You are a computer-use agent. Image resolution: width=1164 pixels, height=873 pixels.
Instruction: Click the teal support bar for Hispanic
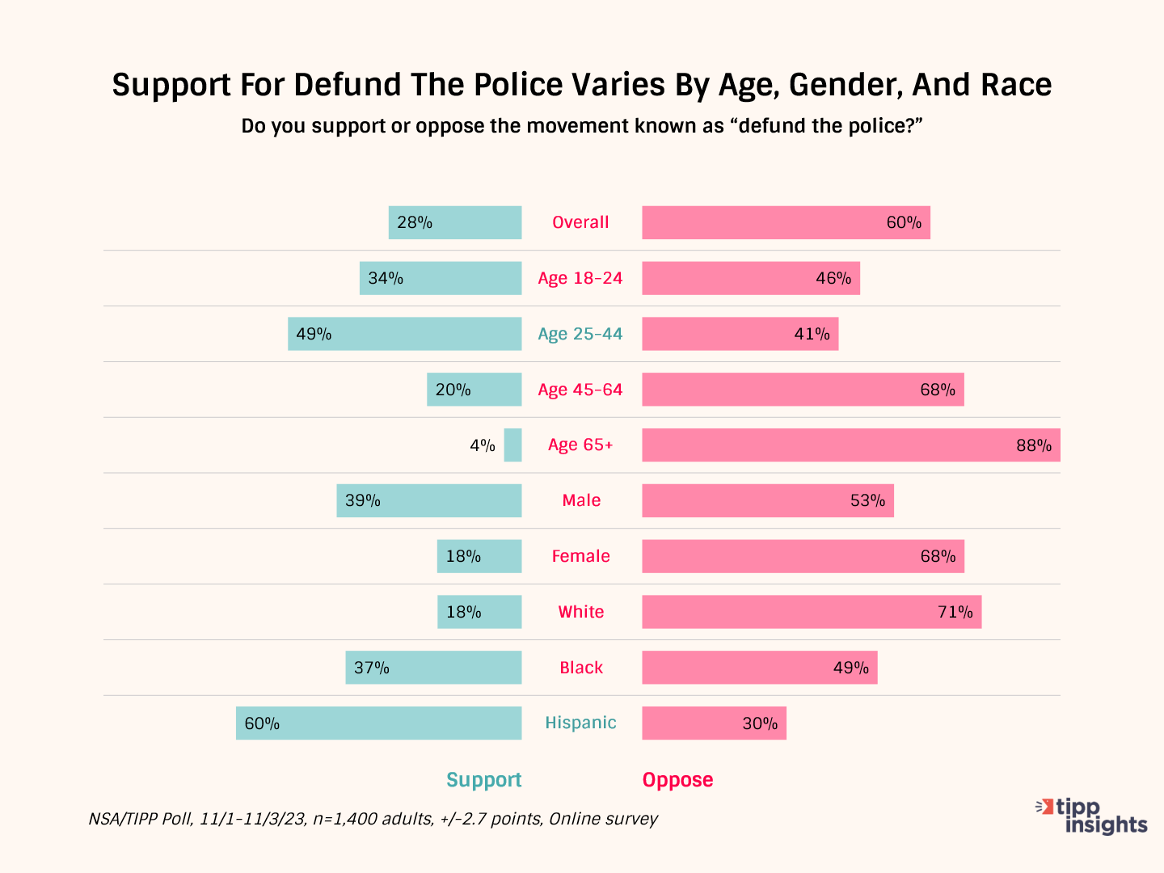[378, 723]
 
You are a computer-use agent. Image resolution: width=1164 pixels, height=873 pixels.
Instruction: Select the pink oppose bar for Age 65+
[850, 445]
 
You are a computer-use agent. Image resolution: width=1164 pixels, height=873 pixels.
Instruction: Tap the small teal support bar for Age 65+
[512, 445]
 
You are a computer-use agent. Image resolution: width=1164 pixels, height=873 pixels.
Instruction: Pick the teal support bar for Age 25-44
[404, 334]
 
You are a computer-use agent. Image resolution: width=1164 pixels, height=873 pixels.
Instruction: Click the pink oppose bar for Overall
[786, 222]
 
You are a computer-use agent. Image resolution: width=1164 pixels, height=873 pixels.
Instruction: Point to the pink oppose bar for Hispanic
[714, 723]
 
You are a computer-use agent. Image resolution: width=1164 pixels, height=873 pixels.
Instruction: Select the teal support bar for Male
[428, 500]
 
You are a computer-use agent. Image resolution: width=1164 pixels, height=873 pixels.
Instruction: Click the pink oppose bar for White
[812, 612]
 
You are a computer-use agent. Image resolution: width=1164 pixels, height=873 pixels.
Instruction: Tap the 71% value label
[955, 612]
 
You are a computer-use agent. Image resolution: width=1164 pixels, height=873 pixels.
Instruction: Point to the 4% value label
[483, 445]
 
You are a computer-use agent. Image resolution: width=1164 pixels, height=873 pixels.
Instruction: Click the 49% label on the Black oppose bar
[851, 668]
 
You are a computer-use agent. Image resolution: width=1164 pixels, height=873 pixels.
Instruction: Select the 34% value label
[386, 278]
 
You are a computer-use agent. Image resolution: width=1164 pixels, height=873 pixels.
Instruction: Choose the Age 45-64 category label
[580, 390]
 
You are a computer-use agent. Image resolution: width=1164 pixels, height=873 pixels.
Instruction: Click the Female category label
[580, 556]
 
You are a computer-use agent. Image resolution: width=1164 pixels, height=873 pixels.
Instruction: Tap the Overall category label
[580, 222]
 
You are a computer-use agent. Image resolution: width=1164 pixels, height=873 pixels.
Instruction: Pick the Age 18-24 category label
[580, 278]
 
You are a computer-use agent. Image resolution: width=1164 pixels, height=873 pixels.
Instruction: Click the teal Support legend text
[483, 780]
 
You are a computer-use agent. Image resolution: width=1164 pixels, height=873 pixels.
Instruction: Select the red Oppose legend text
[677, 780]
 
